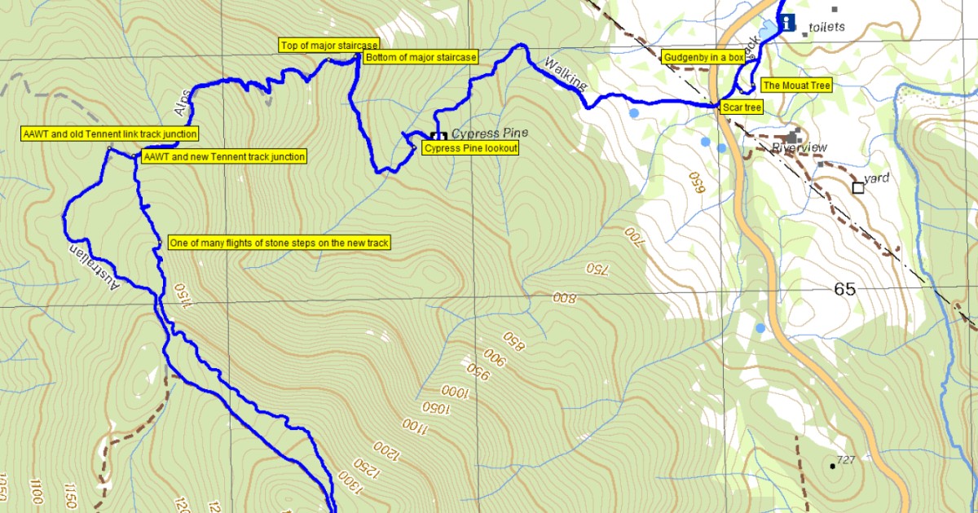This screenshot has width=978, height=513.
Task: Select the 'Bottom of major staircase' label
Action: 421,58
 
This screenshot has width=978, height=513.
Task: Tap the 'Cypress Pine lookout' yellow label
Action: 470,148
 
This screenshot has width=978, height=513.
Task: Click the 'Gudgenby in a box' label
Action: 704,58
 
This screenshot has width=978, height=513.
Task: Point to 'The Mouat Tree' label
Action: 795,85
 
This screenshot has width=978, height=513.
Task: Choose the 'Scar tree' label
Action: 742,107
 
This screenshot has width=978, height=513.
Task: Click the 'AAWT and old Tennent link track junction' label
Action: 110,134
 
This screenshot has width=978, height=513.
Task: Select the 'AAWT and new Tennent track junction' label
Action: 224,156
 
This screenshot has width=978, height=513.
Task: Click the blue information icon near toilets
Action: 786,22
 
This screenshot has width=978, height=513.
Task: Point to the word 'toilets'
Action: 827,27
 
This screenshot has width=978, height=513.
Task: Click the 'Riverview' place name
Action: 799,147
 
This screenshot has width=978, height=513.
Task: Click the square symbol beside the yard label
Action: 858,188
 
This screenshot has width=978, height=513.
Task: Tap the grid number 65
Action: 845,289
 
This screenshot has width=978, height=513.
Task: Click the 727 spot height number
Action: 845,460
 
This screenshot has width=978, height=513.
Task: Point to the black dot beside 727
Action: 832,466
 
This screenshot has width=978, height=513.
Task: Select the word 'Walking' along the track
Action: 565,74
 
